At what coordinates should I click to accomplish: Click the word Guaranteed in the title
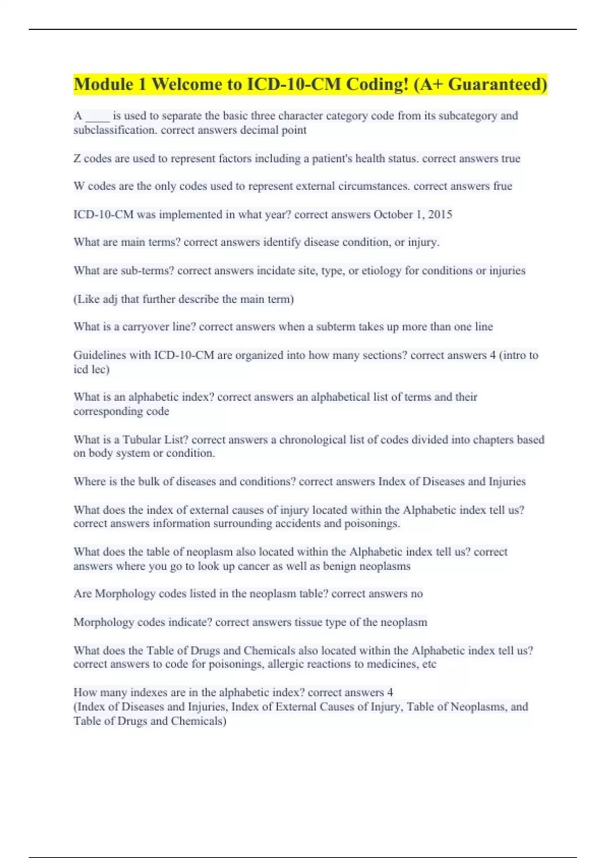click(497, 84)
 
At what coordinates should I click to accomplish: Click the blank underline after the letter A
click(97, 117)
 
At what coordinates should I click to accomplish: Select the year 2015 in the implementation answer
click(440, 215)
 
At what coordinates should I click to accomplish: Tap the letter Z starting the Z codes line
click(77, 158)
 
